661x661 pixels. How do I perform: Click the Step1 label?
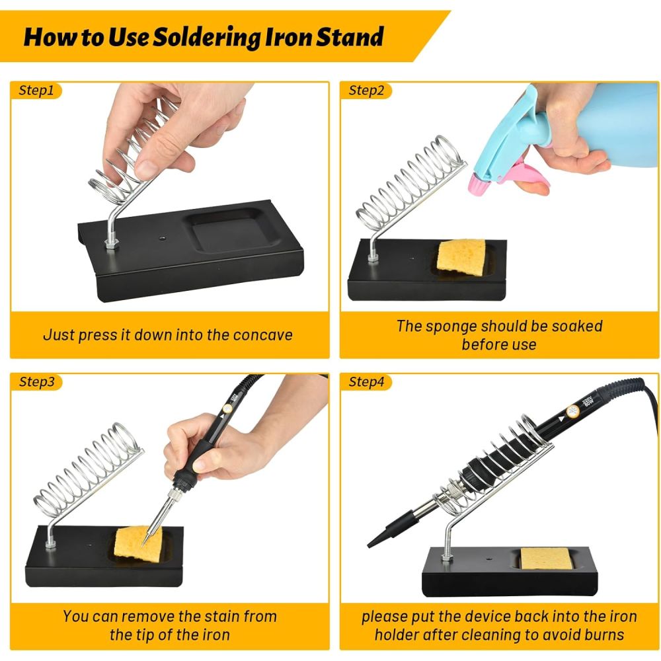36,90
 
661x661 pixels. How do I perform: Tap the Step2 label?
366,90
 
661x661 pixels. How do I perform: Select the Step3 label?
36,381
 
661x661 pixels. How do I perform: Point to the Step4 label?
366,381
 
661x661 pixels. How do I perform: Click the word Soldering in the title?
207,37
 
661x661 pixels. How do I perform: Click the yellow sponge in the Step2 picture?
461,257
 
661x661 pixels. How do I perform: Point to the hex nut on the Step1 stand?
111,243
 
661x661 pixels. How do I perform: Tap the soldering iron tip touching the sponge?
145,540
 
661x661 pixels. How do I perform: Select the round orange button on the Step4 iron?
572,411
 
